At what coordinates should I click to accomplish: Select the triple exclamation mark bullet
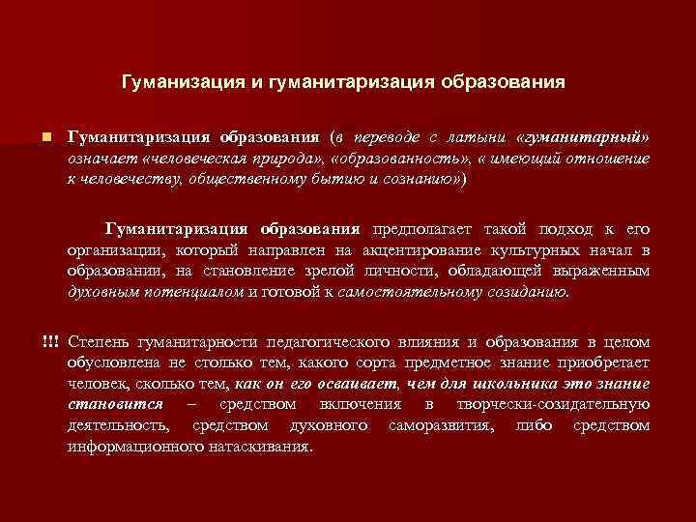50,343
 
